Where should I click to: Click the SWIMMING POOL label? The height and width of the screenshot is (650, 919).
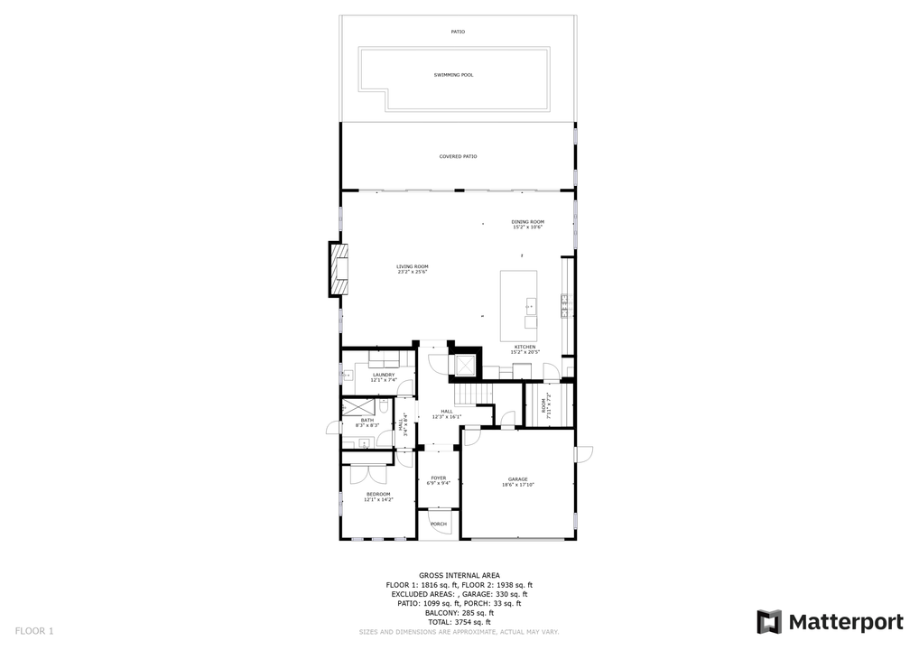[453, 75]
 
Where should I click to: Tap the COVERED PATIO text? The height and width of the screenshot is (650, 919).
[458, 156]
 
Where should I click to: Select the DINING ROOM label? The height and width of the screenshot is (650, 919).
[527, 222]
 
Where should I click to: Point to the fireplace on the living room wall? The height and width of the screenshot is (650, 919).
[339, 269]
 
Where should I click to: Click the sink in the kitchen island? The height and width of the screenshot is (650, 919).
[530, 307]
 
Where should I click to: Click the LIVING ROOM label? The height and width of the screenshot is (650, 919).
[412, 267]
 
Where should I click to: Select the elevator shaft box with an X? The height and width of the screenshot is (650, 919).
[465, 365]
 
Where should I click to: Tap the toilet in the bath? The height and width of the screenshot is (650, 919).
[384, 407]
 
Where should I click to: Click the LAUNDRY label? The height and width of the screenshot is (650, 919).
[384, 375]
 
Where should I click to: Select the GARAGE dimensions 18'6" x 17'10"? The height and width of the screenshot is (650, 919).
[518, 485]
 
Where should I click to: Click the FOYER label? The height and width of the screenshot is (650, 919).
[438, 478]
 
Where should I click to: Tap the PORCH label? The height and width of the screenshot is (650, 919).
[438, 524]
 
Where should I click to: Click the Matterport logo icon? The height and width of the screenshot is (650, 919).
[768, 622]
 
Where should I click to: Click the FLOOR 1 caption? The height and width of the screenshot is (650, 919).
[34, 630]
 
